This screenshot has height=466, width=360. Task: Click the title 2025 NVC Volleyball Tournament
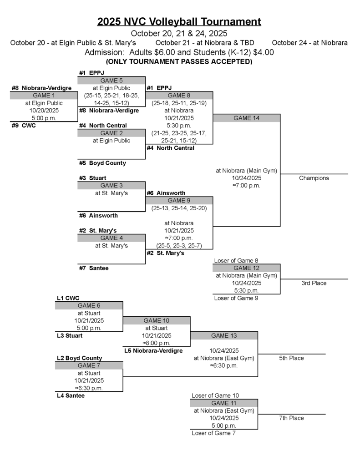pos(179,21)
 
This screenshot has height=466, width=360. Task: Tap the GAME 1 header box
pos(44,96)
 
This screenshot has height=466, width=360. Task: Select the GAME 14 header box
pos(246,118)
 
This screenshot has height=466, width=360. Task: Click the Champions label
pos(314,178)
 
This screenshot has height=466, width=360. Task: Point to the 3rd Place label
pos(314,283)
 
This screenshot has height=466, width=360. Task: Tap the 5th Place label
pos(291,358)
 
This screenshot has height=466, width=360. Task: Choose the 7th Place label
pos(291,418)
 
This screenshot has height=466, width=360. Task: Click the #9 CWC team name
pos(24,125)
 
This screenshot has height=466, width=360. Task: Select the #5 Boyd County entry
pos(102,163)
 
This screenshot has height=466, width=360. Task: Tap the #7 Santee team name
pos(94,268)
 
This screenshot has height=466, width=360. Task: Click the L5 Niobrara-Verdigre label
pos(153,351)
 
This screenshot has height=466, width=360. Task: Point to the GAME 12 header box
pos(246,268)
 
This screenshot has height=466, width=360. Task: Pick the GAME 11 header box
pos(224,403)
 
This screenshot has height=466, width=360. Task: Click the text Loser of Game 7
pos(213,433)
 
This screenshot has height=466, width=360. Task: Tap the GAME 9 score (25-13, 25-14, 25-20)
pos(179,208)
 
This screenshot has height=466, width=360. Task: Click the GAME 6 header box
pos(89,305)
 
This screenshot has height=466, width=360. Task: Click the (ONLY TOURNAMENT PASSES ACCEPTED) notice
pos(179,61)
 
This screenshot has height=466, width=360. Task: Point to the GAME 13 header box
pos(224,336)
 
